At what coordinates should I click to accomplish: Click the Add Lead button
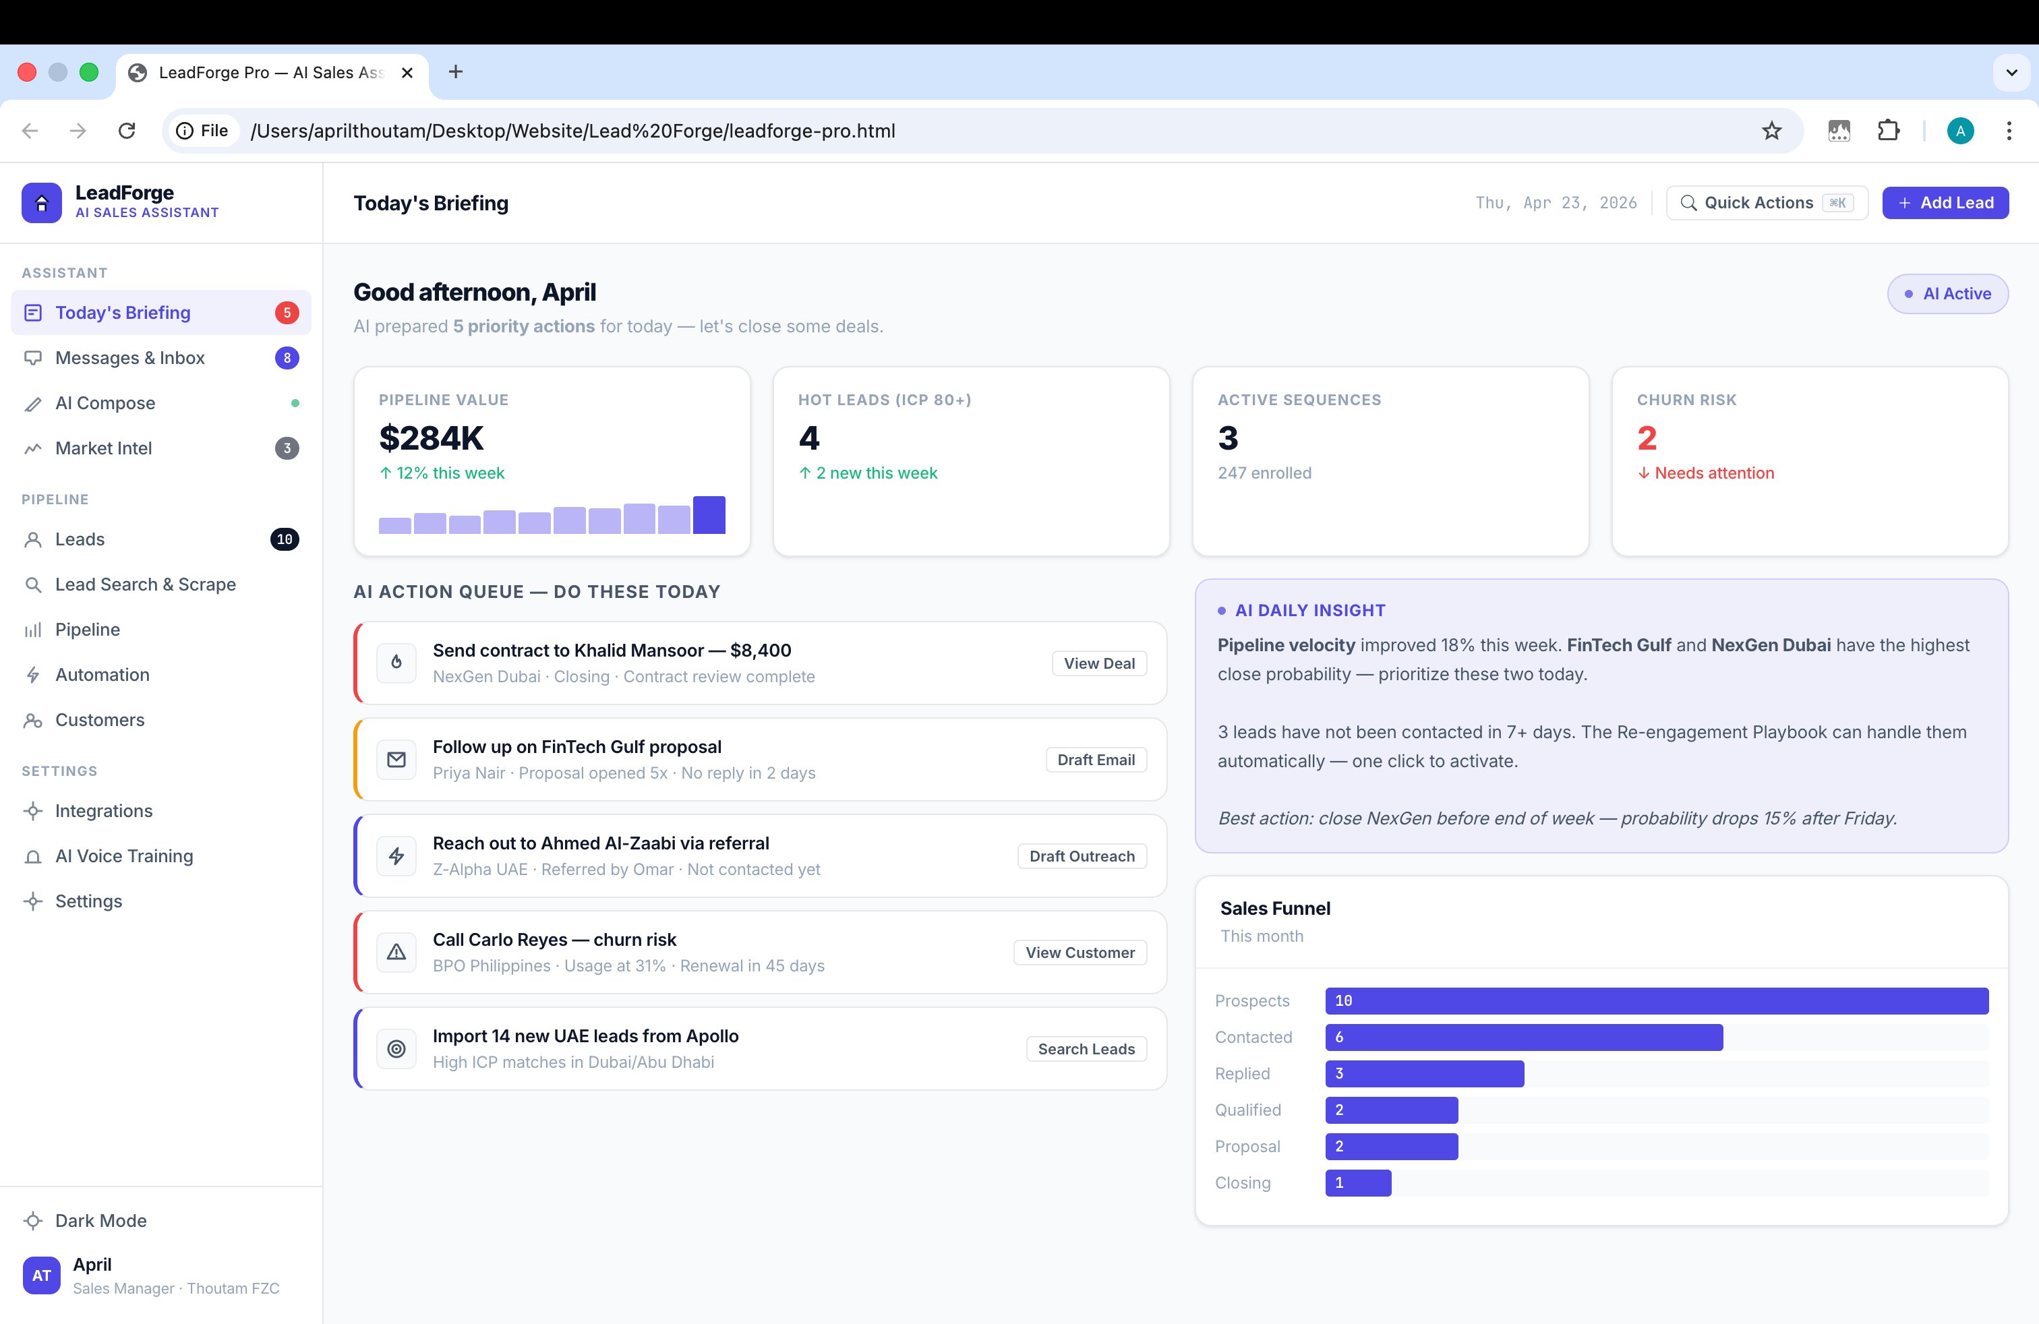1945,203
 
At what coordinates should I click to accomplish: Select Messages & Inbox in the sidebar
130,358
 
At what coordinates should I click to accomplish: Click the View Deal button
1098,664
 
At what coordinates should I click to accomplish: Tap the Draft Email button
1095,760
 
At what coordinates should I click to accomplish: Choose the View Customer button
1080,953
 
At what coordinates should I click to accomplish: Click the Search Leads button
1086,1049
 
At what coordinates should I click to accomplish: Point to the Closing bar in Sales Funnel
1358,1182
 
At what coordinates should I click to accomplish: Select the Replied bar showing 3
1424,1074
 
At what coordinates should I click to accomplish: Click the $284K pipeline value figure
431,438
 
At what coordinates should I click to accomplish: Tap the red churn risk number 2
1647,438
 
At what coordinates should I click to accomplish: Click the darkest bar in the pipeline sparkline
709,514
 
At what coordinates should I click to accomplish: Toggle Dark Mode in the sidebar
100,1220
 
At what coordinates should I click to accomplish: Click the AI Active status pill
1947,294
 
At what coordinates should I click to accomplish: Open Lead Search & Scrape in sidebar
146,584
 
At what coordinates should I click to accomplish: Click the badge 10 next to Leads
285,539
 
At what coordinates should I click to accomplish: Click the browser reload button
127,131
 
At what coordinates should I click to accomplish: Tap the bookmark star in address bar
1771,131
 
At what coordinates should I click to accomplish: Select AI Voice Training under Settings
124,856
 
